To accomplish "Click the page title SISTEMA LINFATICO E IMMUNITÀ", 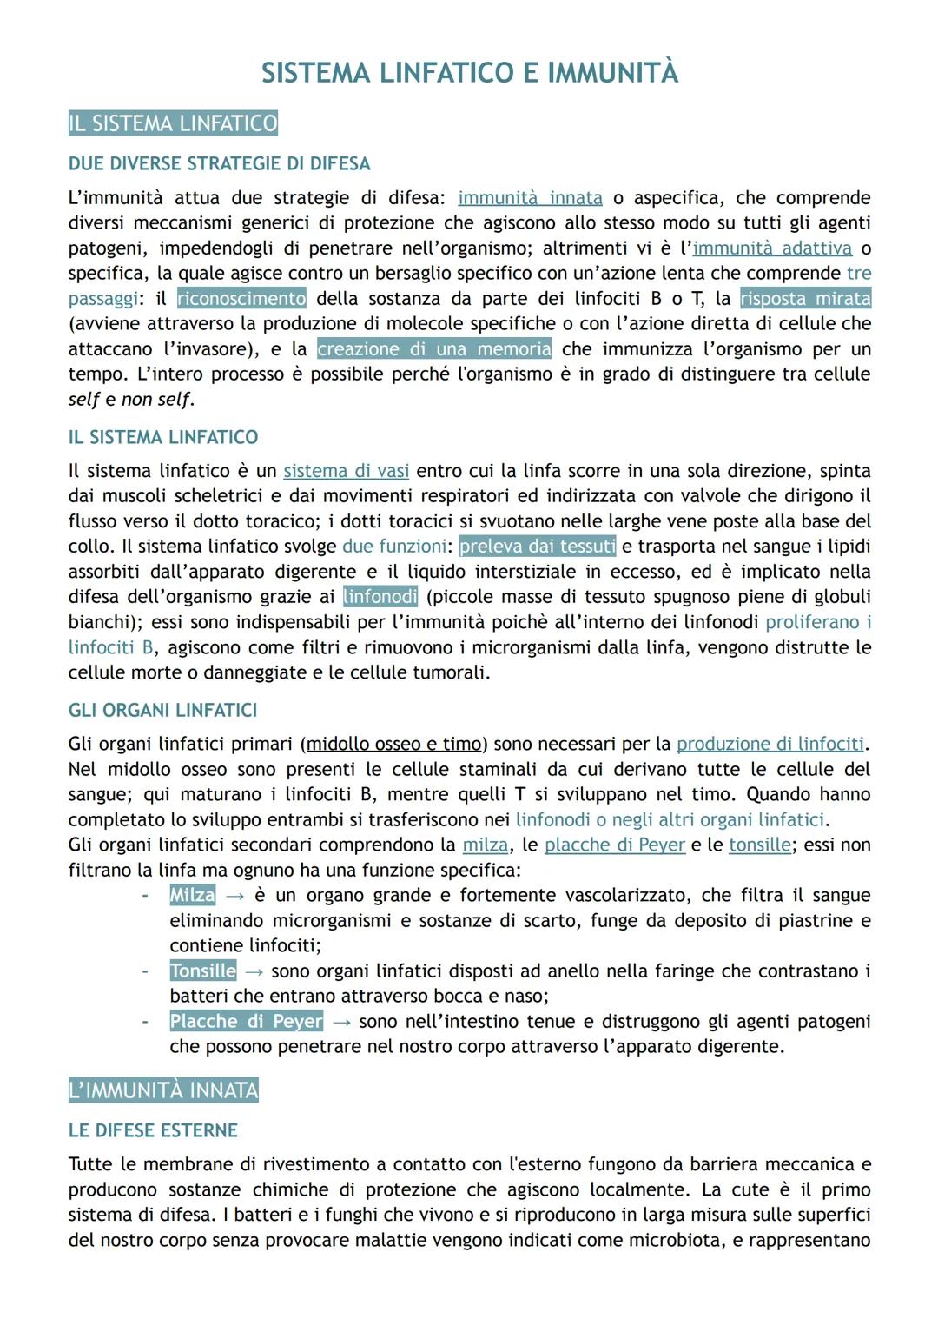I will pyautogui.click(x=469, y=73).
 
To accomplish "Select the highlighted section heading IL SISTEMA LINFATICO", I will pyautogui.click(x=173, y=123).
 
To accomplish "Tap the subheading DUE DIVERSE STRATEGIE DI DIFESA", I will pyautogui.click(x=219, y=164).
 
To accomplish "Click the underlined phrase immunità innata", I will pyautogui.click(x=530, y=198).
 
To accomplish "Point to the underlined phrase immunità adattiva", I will pyautogui.click(x=771, y=248).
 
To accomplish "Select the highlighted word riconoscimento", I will pyautogui.click(x=241, y=299).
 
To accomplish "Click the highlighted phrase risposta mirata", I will pyautogui.click(x=805, y=299).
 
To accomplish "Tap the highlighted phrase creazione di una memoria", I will pyautogui.click(x=434, y=349).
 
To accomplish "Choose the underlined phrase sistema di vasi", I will pyautogui.click(x=346, y=471).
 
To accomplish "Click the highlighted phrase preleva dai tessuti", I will pyautogui.click(x=538, y=547).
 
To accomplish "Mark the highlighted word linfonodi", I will pyautogui.click(x=380, y=597).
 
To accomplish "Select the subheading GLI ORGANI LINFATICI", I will pyautogui.click(x=162, y=711).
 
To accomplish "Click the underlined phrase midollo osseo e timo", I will pyautogui.click(x=393, y=745).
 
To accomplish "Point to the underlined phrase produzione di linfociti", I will pyautogui.click(x=770, y=745).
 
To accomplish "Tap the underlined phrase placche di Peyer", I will pyautogui.click(x=615, y=845).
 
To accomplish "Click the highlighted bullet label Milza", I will pyautogui.click(x=192, y=896).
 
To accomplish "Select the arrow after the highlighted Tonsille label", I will pyautogui.click(x=254, y=971).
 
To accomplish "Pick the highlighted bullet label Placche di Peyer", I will pyautogui.click(x=246, y=1022).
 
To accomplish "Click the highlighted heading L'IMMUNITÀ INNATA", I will pyautogui.click(x=163, y=1090).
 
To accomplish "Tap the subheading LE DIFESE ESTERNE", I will pyautogui.click(x=153, y=1131).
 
